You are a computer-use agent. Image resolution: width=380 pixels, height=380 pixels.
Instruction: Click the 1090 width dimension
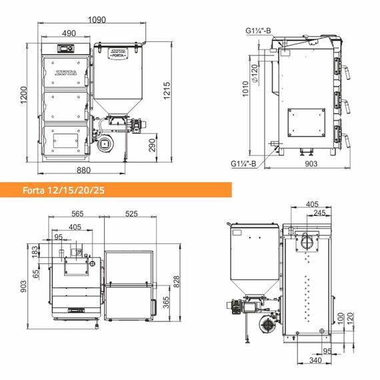(97, 19)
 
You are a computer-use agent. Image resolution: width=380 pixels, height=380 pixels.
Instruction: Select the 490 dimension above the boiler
(69, 33)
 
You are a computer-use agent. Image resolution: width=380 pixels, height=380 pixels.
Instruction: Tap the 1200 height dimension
(23, 95)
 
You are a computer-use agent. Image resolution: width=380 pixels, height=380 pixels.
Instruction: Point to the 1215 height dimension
(167, 91)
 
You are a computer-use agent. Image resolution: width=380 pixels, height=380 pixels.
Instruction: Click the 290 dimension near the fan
(152, 145)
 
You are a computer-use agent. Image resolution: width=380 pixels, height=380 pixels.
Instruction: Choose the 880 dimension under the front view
(83, 170)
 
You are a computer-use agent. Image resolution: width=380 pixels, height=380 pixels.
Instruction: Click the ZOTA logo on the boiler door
(66, 73)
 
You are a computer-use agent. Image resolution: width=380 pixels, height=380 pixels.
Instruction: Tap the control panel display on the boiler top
(65, 49)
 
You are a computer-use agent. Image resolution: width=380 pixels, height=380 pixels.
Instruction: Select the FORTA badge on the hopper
(118, 53)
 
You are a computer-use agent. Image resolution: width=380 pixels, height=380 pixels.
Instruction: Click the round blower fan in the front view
(105, 144)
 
